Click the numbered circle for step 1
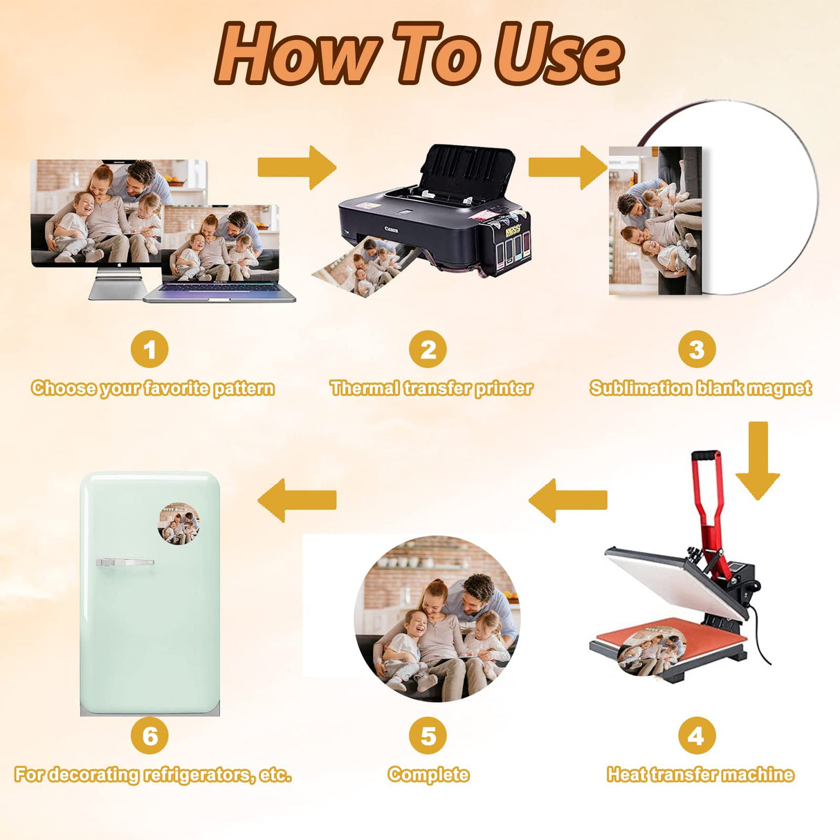coord(149,349)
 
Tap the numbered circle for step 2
coord(428,349)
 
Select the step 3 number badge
coord(697,349)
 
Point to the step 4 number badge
coord(697,736)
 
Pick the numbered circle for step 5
coord(428,736)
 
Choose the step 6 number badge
coord(149,736)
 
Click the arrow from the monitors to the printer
coord(297,167)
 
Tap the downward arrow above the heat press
coord(758,460)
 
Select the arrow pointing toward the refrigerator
coord(297,500)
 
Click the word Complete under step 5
coord(428,775)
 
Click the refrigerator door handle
coord(125,562)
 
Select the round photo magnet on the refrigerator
coord(179,524)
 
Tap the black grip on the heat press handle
coord(705,455)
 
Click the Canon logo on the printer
coord(391,229)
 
